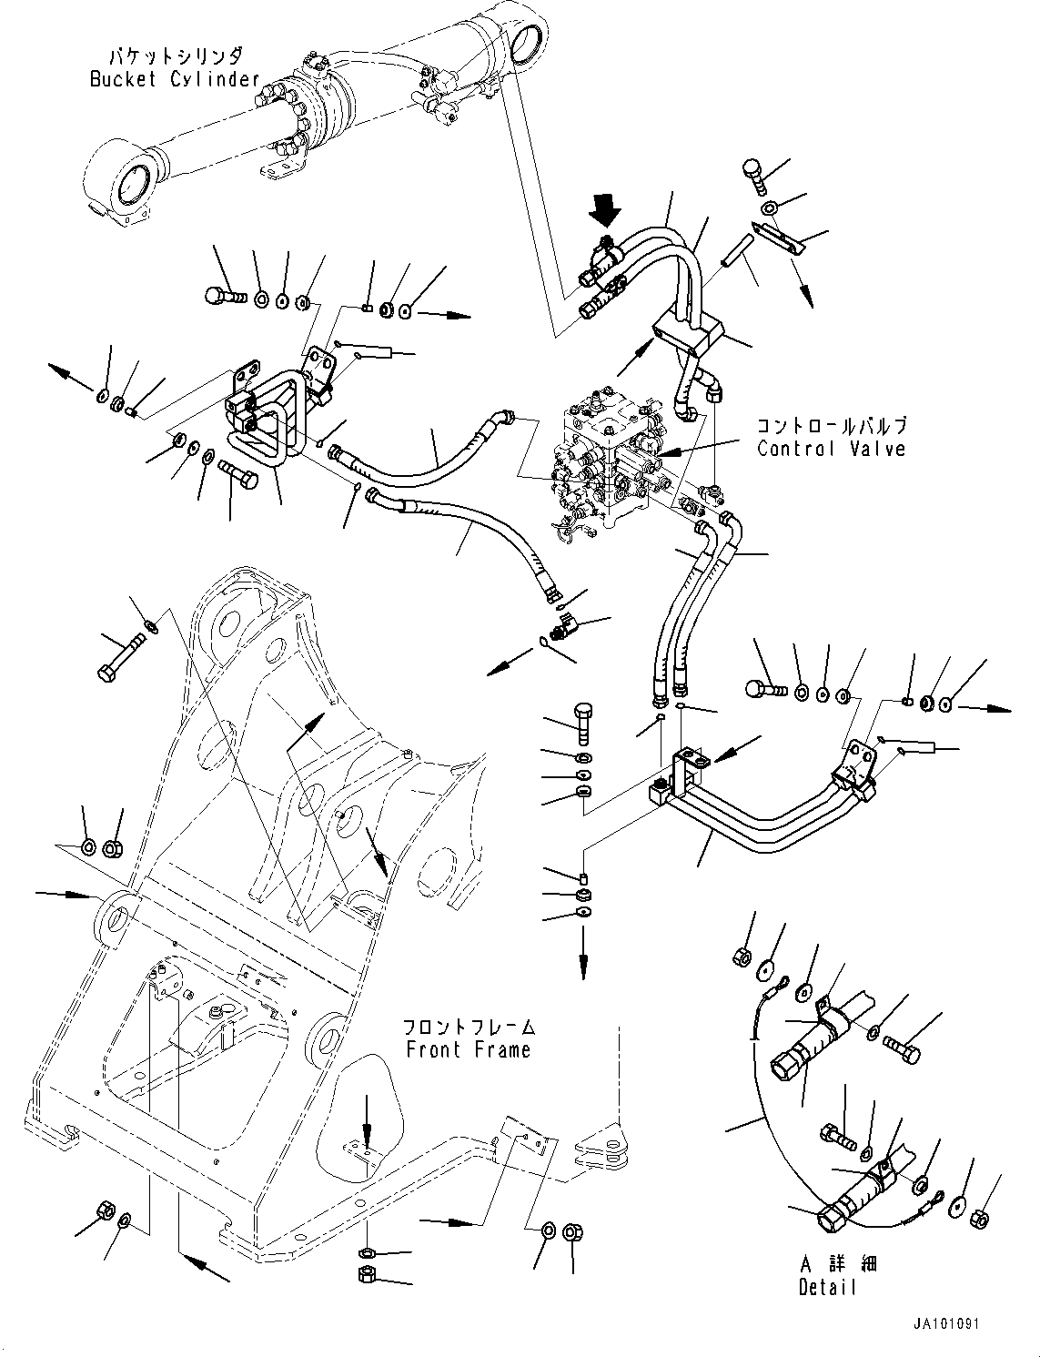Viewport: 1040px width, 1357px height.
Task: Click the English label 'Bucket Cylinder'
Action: pos(174,79)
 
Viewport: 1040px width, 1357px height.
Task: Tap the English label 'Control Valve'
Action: pos(831,449)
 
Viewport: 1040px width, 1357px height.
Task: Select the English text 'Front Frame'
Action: pos(468,1049)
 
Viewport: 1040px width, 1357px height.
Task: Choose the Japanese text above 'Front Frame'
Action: pos(469,1028)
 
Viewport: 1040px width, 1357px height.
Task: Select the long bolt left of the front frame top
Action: pos(123,661)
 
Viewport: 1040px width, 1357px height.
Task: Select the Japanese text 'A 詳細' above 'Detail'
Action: pos(829,1264)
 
